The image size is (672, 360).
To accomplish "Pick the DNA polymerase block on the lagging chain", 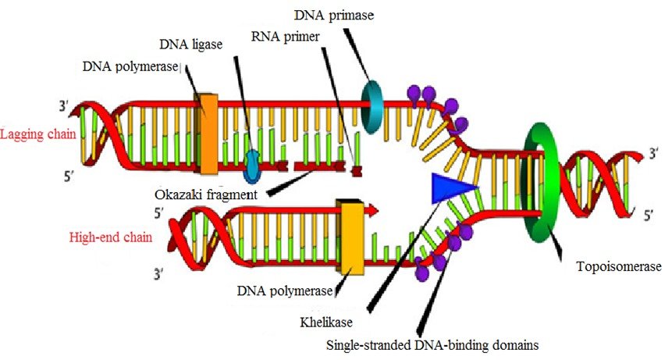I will point(208,134).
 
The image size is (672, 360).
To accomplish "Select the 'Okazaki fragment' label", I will point(206,193).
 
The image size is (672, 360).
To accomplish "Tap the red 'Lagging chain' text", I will point(38,134).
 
